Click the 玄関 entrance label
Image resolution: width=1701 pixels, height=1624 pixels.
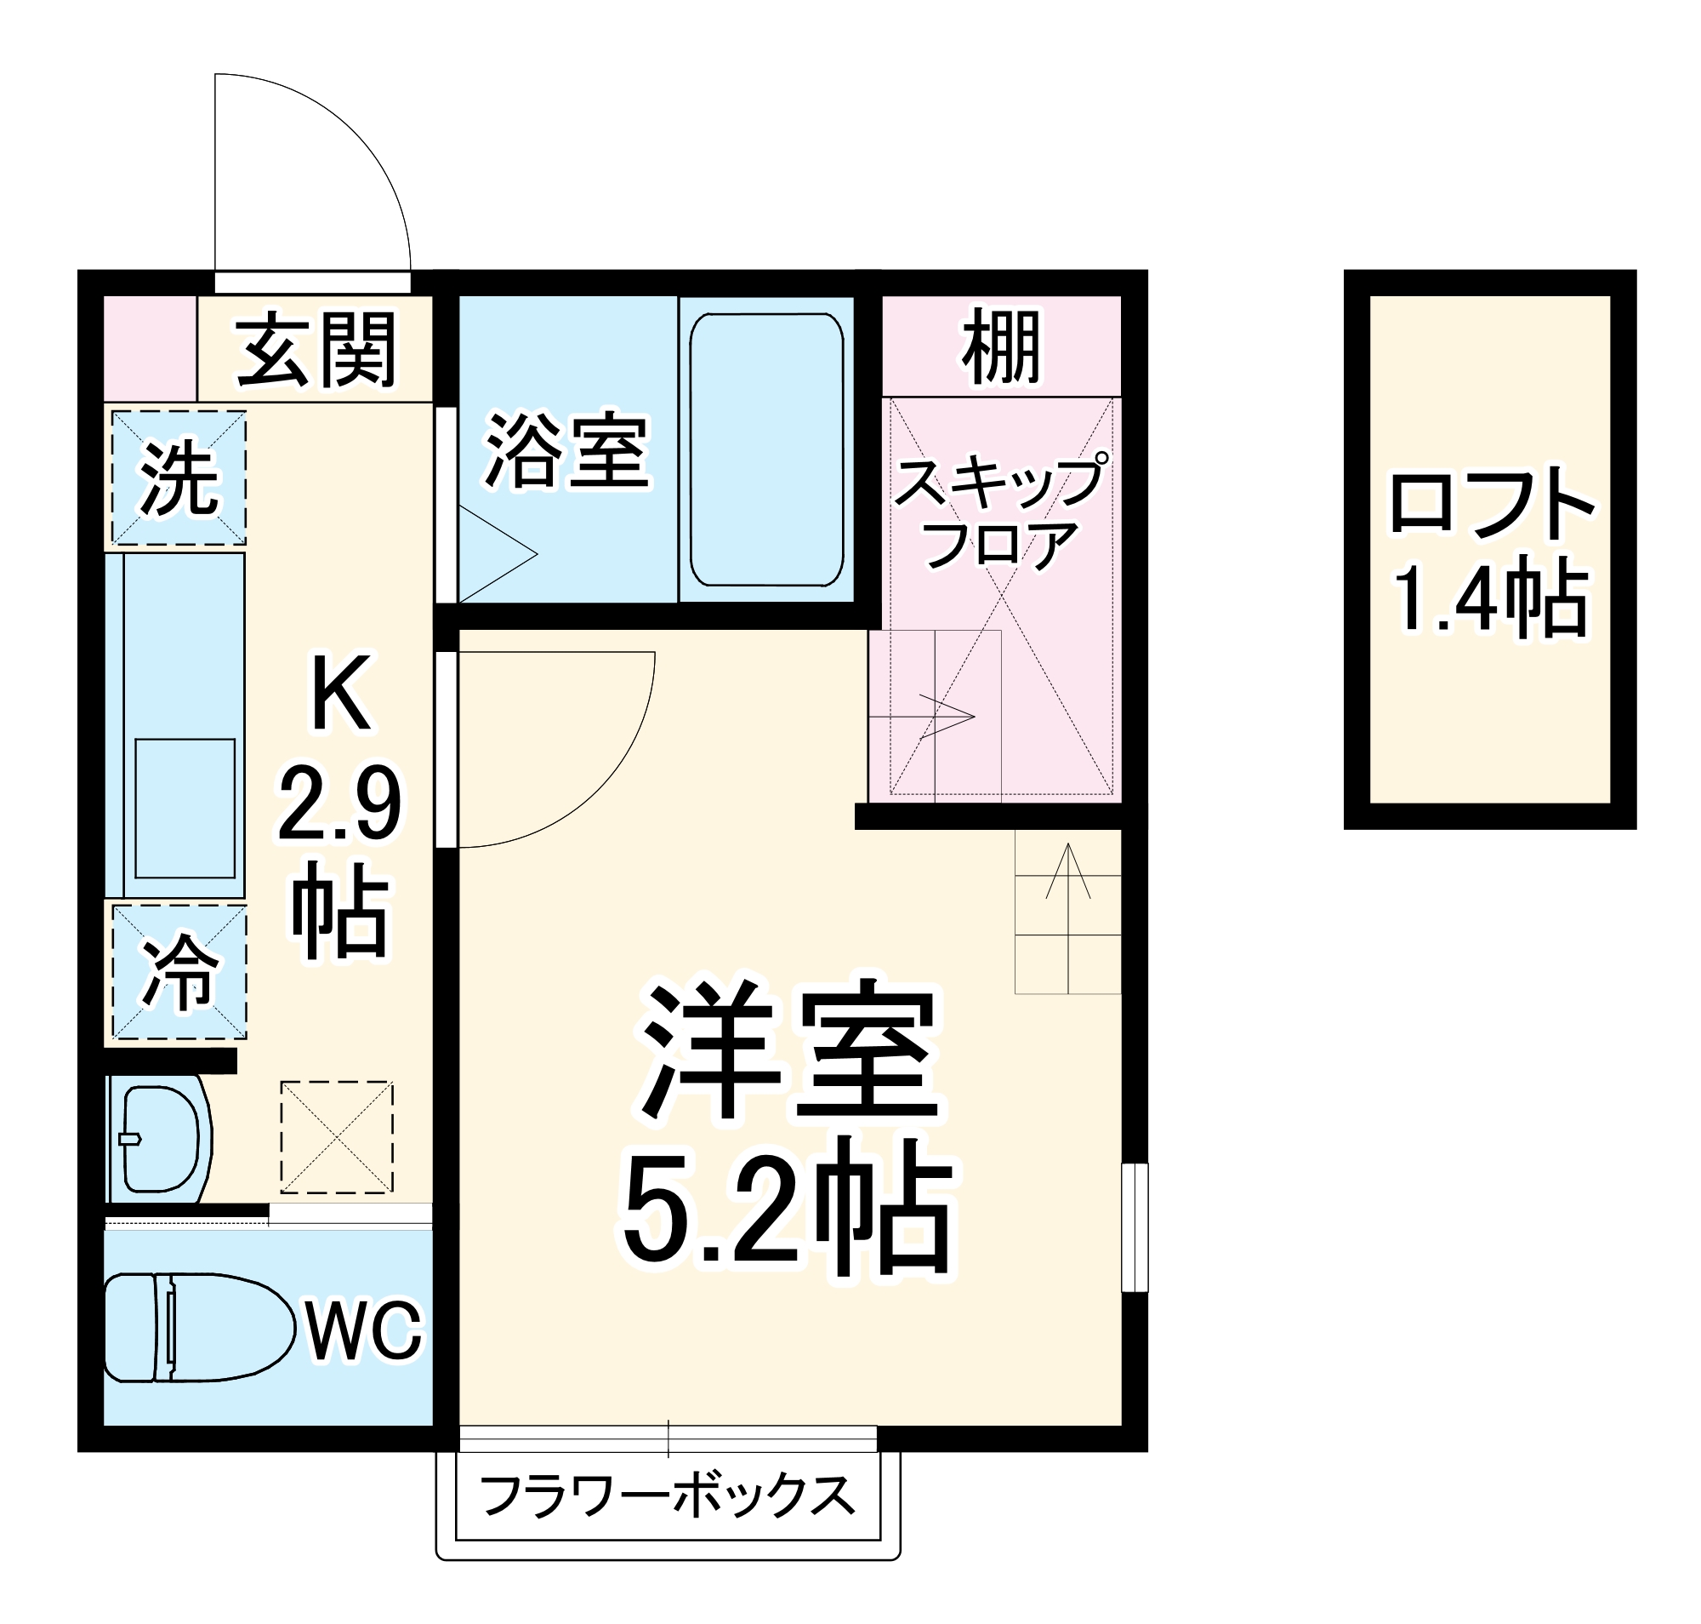316,350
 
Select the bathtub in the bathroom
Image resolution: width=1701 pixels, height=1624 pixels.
765,450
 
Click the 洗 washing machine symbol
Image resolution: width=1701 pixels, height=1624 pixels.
179,478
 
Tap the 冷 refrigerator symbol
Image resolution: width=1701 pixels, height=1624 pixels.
179,971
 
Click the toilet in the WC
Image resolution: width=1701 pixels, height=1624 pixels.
197,1327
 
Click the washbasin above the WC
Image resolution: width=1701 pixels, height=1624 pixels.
162,1138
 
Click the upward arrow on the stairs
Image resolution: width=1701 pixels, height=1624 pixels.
1068,870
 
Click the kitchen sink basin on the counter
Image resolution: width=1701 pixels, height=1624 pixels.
185,808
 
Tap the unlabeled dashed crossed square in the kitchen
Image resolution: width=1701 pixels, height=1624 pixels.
337,1136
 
